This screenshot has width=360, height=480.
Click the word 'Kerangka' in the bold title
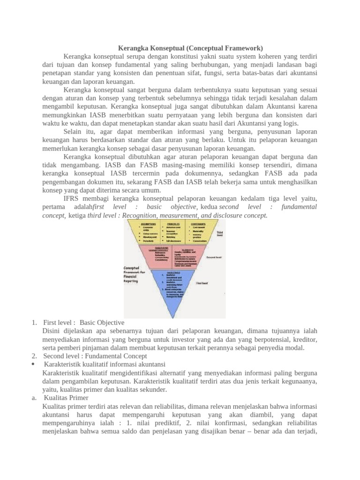pos(131,48)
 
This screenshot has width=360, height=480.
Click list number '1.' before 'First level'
pos(34,322)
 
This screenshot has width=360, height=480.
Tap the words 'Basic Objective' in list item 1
pos(102,322)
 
